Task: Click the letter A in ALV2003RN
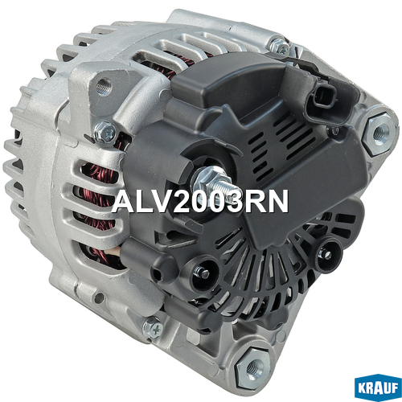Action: [125, 201]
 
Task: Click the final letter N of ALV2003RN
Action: [278, 201]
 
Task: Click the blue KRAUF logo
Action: [378, 388]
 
